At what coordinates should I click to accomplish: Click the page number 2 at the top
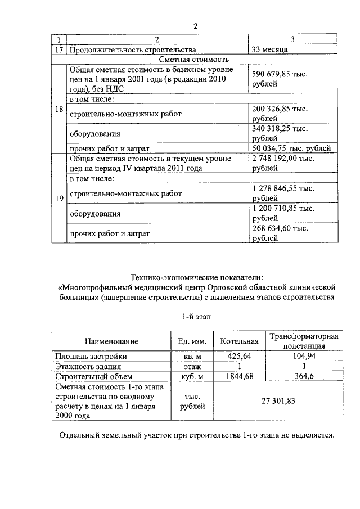point(196,26)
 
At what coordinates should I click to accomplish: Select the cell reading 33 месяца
point(270,49)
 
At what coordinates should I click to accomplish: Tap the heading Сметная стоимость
point(195,59)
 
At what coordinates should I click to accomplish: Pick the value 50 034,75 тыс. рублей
point(291,148)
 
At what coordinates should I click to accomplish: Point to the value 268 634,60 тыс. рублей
point(280,233)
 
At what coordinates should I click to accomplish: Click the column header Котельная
point(239,341)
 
